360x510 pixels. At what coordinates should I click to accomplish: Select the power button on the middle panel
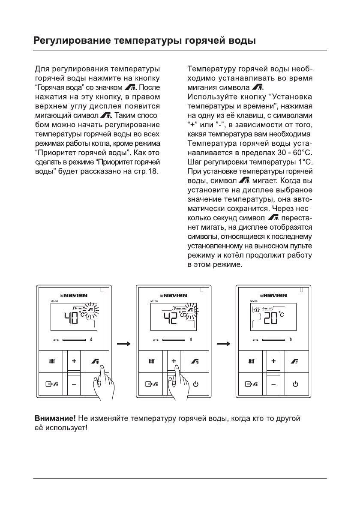click(x=195, y=384)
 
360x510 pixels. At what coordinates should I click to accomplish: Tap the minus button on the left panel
click(x=74, y=384)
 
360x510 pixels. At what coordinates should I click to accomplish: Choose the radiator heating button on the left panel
click(x=51, y=362)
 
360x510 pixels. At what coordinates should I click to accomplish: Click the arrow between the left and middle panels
click(x=123, y=343)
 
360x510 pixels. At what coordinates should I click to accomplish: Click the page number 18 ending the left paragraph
click(x=153, y=172)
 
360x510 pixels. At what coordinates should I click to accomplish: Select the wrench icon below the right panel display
click(x=256, y=340)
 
